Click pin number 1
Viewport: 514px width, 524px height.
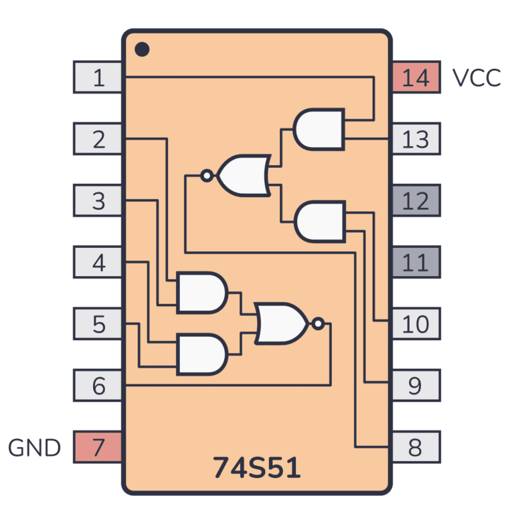pos(98,78)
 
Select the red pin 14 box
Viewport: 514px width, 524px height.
pos(416,78)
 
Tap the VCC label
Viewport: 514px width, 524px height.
pos(476,78)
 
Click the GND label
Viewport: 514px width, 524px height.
pos(34,447)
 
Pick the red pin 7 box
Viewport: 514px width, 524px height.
pos(98,447)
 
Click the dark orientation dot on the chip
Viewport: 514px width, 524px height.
pos(141,49)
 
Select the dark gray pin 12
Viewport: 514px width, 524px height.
pos(416,201)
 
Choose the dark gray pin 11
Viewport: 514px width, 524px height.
pos(416,262)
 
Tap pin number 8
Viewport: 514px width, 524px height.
pos(416,447)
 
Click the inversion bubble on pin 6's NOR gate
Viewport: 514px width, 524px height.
pos(318,324)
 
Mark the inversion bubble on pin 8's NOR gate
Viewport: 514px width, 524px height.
pos(207,176)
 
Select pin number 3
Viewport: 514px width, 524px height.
pos(98,201)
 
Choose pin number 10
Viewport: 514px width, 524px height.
pos(416,323)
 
